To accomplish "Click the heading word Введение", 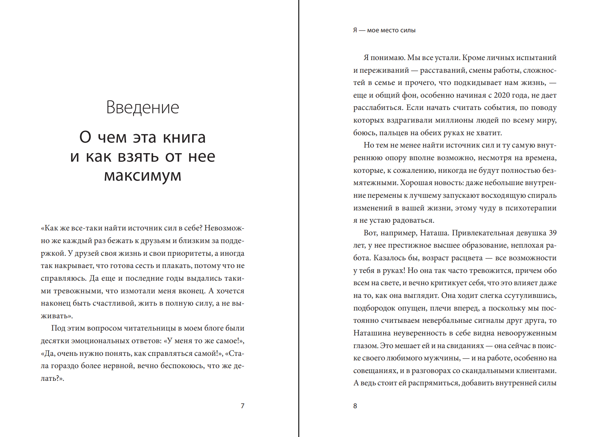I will (143, 107).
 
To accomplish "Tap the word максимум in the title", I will (143, 175).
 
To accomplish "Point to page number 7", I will (242, 406).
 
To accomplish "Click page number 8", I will (355, 406).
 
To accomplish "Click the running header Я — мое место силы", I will (384, 31).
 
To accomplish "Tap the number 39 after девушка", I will (553, 233).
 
